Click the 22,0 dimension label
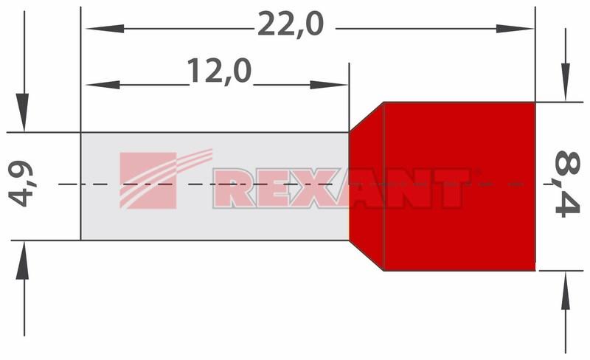tap(291, 24)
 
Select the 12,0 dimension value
tap(219, 71)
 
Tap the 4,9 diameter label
tap(21, 184)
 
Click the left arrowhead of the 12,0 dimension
tap(103, 85)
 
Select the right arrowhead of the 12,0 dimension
tap(328, 85)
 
